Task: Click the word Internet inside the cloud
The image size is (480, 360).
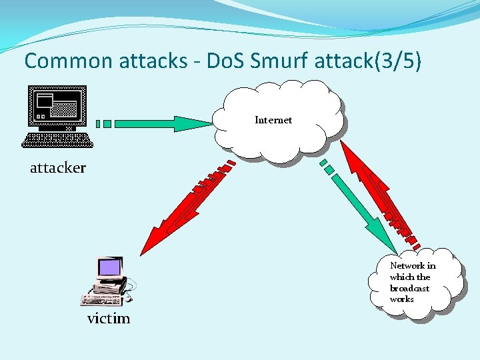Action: tap(273, 120)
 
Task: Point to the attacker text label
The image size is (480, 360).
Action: tap(58, 168)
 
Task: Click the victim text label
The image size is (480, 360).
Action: tap(109, 319)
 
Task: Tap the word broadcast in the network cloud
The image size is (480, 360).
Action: tap(409, 288)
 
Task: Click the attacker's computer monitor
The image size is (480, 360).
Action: tap(57, 107)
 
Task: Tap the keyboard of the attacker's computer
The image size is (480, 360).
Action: tap(57, 139)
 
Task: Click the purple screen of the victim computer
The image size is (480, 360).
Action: tap(110, 268)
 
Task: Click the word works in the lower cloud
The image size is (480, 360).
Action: tap(402, 299)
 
